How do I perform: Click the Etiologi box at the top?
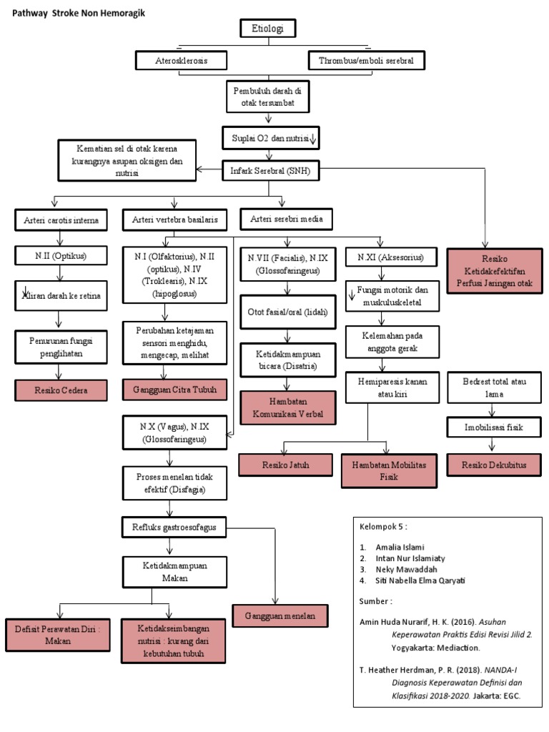[268, 29]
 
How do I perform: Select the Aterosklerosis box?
[181, 61]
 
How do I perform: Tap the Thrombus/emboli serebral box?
[367, 61]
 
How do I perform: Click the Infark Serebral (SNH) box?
[270, 171]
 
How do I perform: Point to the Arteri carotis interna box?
[61, 220]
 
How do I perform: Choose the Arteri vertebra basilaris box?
[175, 220]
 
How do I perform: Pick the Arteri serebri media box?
[286, 219]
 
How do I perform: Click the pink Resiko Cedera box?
[61, 390]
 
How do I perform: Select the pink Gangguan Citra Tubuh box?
[175, 390]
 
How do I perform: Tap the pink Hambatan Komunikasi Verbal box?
[288, 407]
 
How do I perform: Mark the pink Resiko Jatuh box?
[286, 465]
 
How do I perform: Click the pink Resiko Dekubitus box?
[495, 465]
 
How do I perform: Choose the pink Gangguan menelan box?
[280, 616]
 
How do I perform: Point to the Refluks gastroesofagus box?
[174, 528]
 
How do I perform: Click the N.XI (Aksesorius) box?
[391, 257]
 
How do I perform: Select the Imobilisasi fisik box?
[495, 427]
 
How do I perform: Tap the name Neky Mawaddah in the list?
[406, 570]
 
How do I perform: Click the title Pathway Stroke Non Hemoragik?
[79, 13]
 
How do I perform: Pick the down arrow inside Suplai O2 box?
[313, 138]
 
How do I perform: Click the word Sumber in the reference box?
[373, 601]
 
